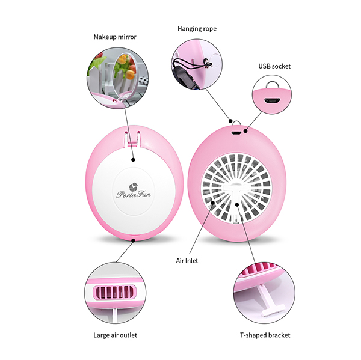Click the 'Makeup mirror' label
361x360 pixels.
(115, 37)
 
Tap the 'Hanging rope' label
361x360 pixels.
(197, 29)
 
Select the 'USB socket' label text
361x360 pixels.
(274, 66)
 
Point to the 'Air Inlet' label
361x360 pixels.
(187, 261)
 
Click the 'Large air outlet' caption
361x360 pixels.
(115, 335)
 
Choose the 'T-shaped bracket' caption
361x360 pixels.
(265, 335)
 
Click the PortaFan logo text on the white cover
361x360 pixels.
(134, 194)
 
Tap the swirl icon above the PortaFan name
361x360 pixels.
(133, 187)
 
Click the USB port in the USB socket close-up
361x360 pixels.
(272, 100)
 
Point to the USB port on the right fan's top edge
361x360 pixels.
(236, 133)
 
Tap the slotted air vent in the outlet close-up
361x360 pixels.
(114, 292)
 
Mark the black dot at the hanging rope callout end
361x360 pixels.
(230, 121)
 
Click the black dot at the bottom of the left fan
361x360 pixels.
(133, 240)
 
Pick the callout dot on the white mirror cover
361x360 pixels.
(133, 160)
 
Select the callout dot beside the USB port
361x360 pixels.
(245, 131)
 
